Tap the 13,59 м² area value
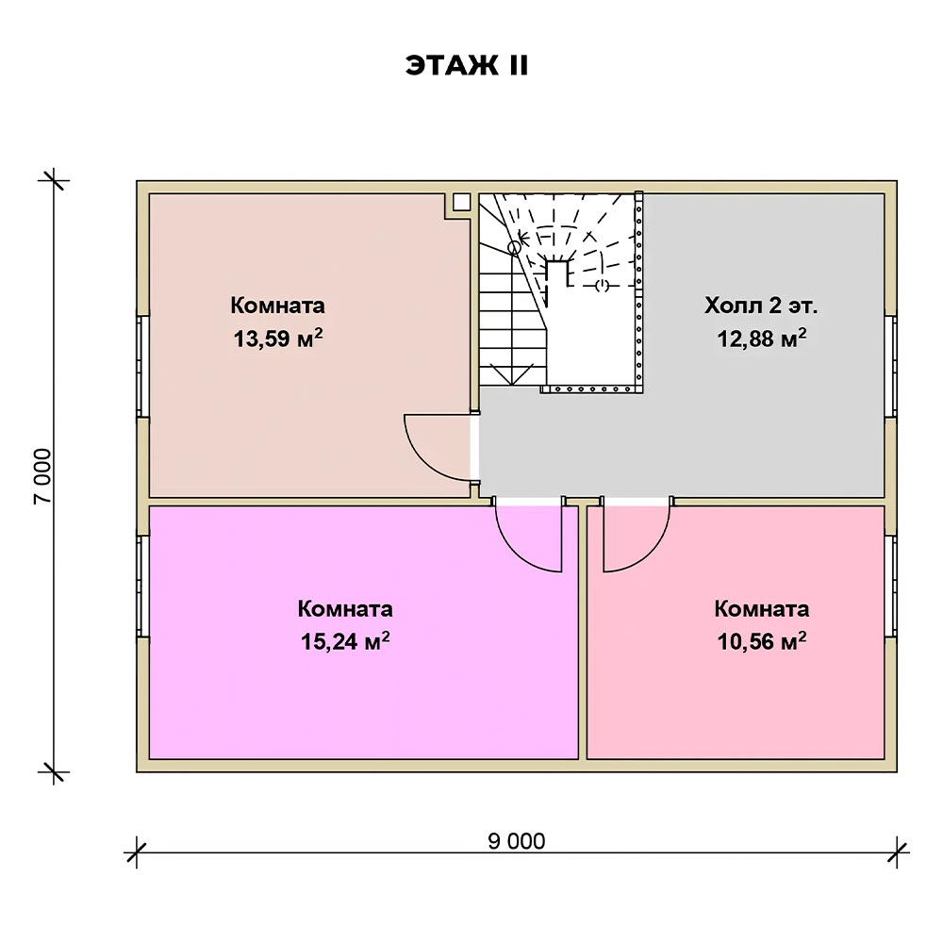coord(280,339)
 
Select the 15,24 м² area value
coord(346,642)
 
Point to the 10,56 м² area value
coord(761,642)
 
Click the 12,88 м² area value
coord(761,339)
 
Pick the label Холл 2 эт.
coord(761,306)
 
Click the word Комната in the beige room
coord(278,306)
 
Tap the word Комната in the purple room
coord(345,608)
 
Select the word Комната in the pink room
coord(761,608)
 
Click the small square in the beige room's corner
coord(461,202)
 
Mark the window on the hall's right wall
coord(890,363)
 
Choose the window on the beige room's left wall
coord(142,365)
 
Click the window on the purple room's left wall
coord(142,587)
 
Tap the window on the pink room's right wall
coord(890,587)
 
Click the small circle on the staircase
coord(514,248)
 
